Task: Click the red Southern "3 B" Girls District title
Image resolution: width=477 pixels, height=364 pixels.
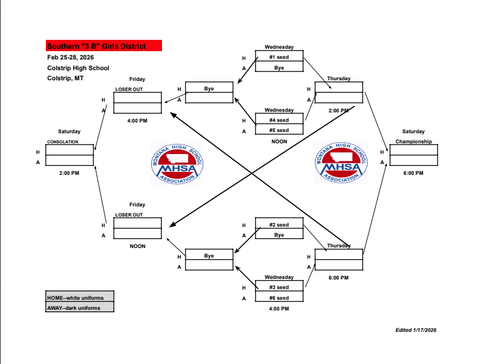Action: pos(104,46)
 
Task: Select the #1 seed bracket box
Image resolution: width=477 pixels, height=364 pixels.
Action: pos(279,57)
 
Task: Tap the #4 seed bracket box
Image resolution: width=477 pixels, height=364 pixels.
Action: pos(279,120)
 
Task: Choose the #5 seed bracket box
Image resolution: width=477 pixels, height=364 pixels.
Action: pos(279,130)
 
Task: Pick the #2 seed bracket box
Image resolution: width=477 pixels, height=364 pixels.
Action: pos(279,225)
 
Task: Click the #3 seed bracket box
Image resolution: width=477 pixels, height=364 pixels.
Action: pos(279,287)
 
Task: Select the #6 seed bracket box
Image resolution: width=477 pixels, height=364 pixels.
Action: pos(279,298)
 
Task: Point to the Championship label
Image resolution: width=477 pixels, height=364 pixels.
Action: pos(413,142)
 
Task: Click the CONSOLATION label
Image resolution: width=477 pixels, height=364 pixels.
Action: pos(62,142)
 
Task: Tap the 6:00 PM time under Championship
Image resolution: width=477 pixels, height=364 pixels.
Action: pos(413,173)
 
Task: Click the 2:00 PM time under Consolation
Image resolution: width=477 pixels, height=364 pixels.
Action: pos(69,173)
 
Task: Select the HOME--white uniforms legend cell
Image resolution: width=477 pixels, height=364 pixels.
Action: pos(80,297)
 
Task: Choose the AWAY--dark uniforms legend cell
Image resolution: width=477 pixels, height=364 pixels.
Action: pos(80,307)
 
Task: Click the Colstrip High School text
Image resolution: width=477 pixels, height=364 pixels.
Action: pos(78,68)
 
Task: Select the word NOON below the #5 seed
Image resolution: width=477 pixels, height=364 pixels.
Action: pos(279,142)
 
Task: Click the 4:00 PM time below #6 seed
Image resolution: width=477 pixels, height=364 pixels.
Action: pos(279,309)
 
